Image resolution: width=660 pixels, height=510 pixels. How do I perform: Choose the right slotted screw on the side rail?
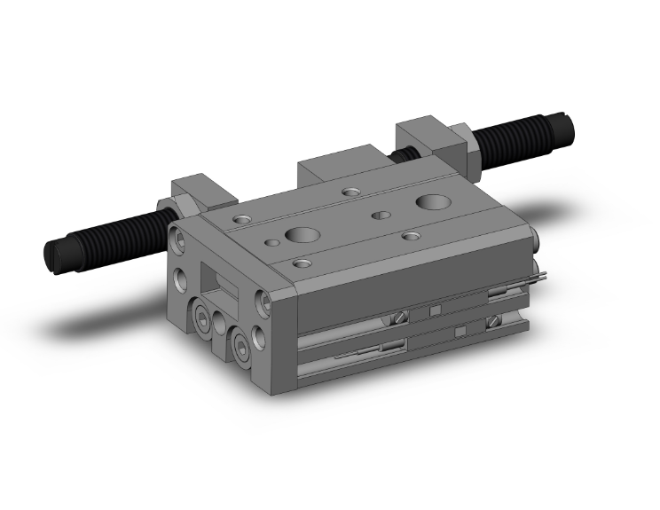493,321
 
